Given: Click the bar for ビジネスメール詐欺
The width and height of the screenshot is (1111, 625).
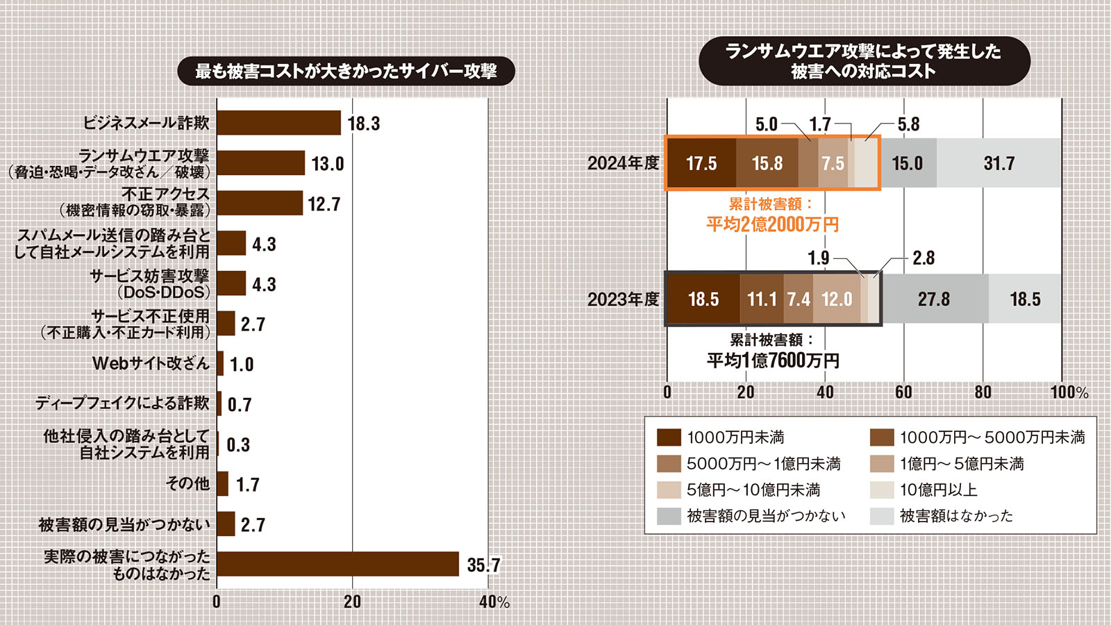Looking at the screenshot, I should (x=278, y=123).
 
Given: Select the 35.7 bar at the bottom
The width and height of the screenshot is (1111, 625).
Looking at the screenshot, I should (x=337, y=564).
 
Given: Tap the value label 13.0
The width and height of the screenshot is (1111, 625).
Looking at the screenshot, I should (x=327, y=164).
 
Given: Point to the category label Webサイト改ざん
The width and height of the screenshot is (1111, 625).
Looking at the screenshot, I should (x=151, y=363).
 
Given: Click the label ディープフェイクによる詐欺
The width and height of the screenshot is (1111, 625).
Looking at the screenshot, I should (x=122, y=403).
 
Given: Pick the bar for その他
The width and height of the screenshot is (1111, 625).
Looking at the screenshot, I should (x=222, y=484).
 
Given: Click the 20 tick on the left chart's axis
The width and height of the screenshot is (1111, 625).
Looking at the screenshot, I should (x=352, y=601).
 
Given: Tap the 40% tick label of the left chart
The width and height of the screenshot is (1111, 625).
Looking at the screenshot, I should (x=494, y=602).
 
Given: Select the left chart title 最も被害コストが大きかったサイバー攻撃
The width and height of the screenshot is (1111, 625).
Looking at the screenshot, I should (x=346, y=72).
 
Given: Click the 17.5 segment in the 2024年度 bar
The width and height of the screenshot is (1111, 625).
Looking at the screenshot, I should (x=701, y=163).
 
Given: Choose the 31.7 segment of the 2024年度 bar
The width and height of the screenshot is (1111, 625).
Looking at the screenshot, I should (x=999, y=163).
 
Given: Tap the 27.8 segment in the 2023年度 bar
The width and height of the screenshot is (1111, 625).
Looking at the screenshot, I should (x=934, y=299).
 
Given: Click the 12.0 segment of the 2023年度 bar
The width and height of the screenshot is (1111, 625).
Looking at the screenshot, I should (x=837, y=299).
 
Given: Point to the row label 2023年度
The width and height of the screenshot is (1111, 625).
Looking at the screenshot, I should (x=623, y=299).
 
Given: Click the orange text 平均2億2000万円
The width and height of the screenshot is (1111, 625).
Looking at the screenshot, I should (x=772, y=224).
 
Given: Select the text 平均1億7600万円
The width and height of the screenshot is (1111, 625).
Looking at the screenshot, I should (x=772, y=360).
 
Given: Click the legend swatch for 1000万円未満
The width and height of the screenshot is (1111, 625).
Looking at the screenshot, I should (x=669, y=437).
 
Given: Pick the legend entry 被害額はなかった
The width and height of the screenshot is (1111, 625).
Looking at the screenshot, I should (x=955, y=516).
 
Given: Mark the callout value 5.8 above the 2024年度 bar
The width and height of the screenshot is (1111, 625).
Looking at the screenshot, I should (x=908, y=124).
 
